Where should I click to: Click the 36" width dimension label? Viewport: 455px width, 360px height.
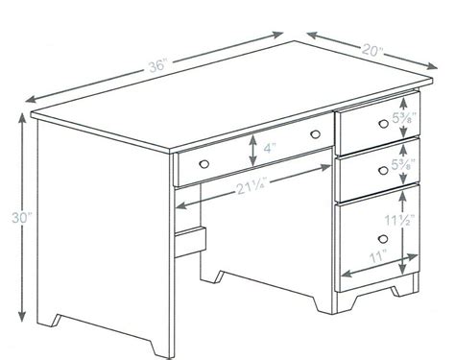click(158, 66)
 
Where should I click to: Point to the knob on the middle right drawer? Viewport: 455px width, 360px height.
click(381, 165)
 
